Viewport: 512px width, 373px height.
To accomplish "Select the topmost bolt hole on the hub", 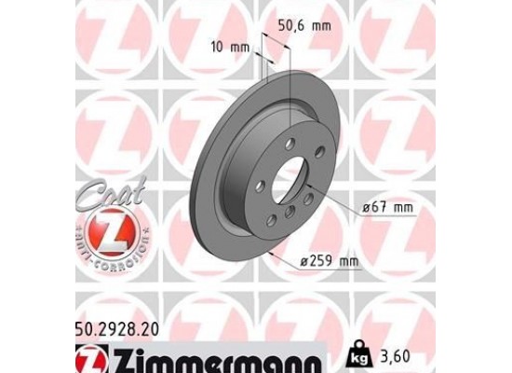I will [290, 142].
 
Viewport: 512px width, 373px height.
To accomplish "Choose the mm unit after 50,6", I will [322, 26].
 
